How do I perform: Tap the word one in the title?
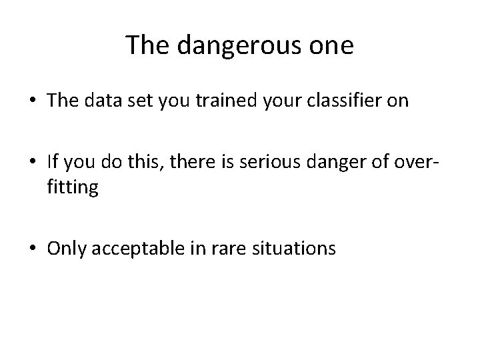[x=330, y=45]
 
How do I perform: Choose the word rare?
[x=218, y=249]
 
